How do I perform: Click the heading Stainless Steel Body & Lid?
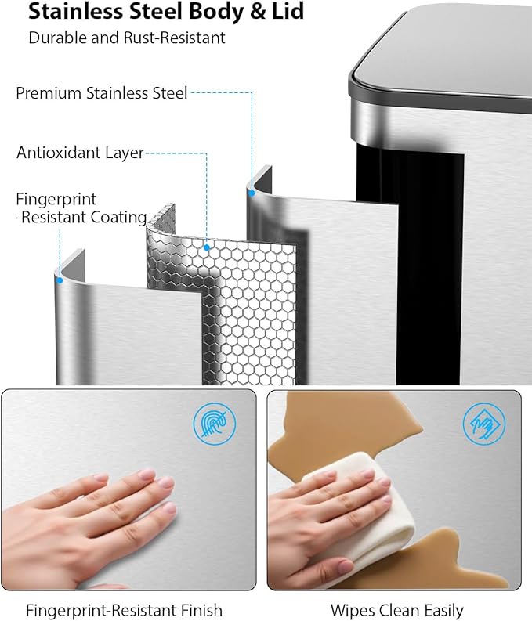coord(166,12)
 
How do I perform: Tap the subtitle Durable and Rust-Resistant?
coord(127,38)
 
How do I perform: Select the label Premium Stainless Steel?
coord(101,93)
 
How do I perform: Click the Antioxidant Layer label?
coord(80,153)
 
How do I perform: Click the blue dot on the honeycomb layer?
coord(206,247)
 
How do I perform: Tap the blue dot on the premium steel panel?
coord(252,193)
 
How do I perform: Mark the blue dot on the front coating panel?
coord(60,280)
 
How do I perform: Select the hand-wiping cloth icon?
coord(484,424)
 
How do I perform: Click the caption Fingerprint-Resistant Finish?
coord(124,610)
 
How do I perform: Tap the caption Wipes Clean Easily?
coord(397,610)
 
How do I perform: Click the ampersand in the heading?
coord(258,12)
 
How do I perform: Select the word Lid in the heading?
coord(288,12)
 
